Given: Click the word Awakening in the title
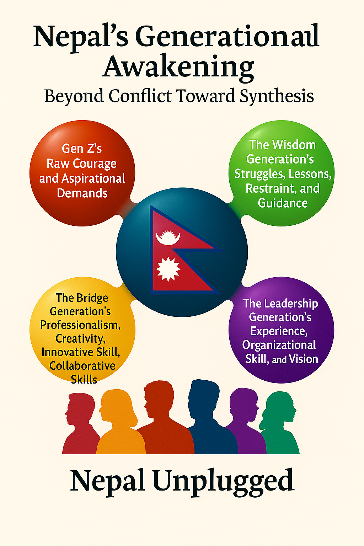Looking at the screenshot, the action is point(178,67).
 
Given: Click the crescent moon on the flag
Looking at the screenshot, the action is point(168,237).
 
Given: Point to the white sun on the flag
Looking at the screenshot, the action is point(168,269).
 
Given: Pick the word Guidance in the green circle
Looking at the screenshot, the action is point(283,203).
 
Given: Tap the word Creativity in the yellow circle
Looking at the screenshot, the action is point(80,338).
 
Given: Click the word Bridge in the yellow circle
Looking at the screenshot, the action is point(91,298).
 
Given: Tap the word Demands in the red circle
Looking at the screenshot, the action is point(82,193).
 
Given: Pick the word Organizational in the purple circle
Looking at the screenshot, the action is point(279,345).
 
